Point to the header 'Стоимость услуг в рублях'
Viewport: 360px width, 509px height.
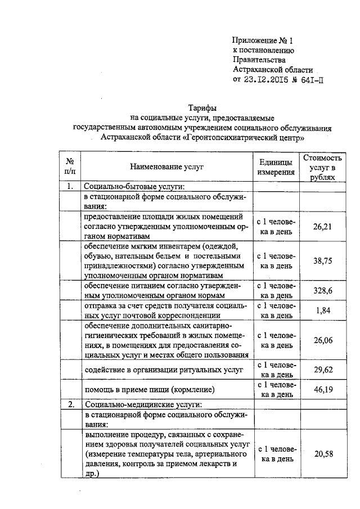tap(322, 167)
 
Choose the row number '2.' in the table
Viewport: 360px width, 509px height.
tap(70, 404)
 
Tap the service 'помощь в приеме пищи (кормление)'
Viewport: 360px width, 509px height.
tap(150, 389)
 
